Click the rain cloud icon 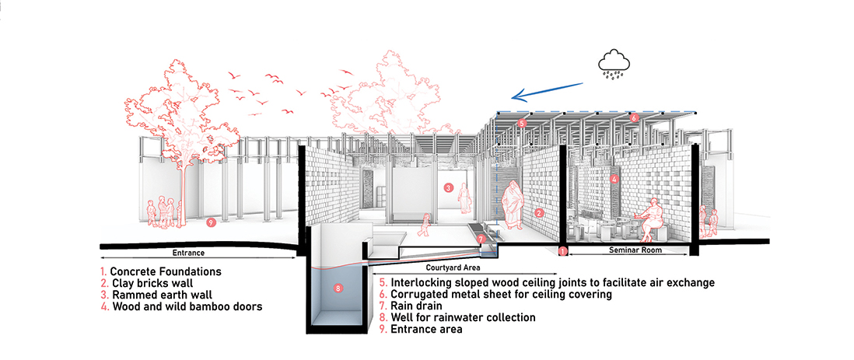tap(614, 65)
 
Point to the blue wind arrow tap(548, 92)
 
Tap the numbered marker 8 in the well tap(338, 288)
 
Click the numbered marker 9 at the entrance tap(211, 222)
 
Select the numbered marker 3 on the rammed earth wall tap(448, 188)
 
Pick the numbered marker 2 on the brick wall tap(539, 213)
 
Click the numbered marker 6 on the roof tap(633, 117)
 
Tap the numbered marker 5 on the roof tap(521, 124)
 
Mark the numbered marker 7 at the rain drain tap(480, 239)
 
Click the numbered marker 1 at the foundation tap(562, 252)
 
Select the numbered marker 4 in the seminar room tap(614, 179)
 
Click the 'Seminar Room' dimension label tap(628, 250)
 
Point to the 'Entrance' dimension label tap(188, 253)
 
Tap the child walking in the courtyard tap(425, 225)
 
